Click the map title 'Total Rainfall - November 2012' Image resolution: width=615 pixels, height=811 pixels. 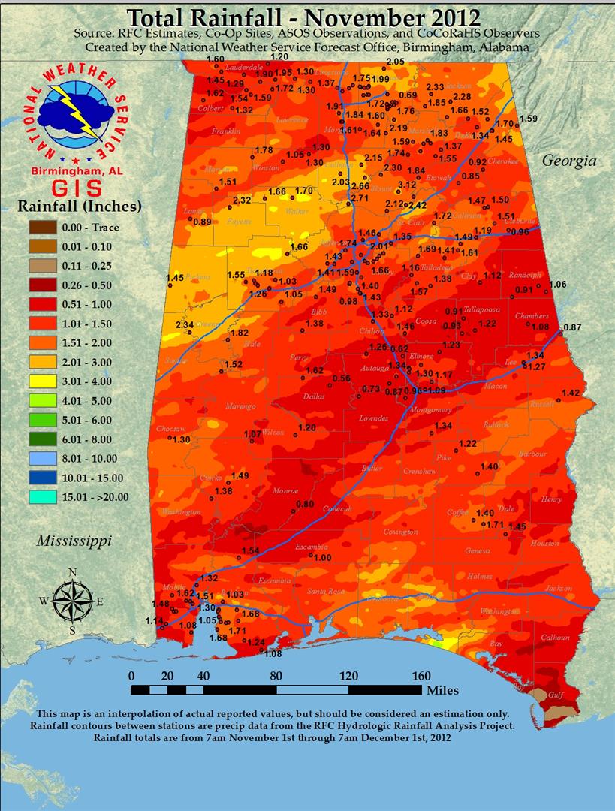(303, 17)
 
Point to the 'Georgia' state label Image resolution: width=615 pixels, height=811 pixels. (568, 161)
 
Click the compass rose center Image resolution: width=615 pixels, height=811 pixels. (73, 601)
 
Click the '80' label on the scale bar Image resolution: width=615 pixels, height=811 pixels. (276, 674)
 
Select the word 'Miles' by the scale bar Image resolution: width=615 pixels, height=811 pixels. (441, 689)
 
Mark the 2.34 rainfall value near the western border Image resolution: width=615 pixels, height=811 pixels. (185, 324)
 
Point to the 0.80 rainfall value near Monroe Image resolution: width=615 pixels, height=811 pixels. (305, 504)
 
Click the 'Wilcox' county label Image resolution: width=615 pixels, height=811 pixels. (273, 433)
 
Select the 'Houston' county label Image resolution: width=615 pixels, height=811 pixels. (545, 543)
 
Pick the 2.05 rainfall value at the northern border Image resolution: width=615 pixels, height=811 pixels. (395, 62)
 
